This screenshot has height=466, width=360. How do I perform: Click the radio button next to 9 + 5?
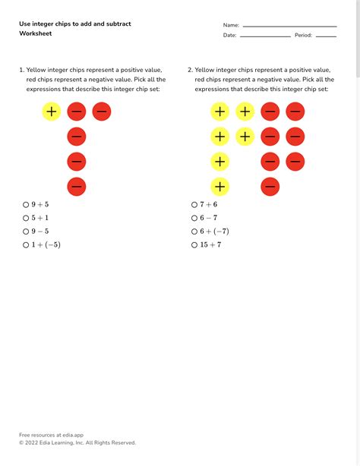pos(25,204)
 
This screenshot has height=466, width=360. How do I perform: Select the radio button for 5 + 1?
pos(25,218)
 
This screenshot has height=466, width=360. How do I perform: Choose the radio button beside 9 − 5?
pos(25,231)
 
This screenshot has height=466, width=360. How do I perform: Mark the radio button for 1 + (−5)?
pos(25,244)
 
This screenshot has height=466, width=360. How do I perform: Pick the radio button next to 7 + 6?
pos(194,204)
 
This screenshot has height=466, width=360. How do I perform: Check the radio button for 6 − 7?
pos(194,218)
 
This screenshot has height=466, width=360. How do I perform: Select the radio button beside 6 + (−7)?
pos(194,231)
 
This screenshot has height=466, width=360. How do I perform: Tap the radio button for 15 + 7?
pos(194,244)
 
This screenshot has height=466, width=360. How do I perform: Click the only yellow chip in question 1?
pos(52,112)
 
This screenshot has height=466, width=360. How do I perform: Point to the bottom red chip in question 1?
pos(76,186)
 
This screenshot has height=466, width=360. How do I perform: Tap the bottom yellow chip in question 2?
pos(219,186)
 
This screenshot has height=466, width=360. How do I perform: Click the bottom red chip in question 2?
pos(270,186)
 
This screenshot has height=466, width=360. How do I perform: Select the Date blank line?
pos(265,36)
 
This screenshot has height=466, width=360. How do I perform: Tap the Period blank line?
pos(326,36)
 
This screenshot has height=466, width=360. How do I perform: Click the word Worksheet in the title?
pos(36,33)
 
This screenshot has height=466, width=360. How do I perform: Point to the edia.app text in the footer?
pos(68,435)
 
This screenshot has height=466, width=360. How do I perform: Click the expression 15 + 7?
pos(211,244)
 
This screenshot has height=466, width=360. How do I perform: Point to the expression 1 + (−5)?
pos(46,244)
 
